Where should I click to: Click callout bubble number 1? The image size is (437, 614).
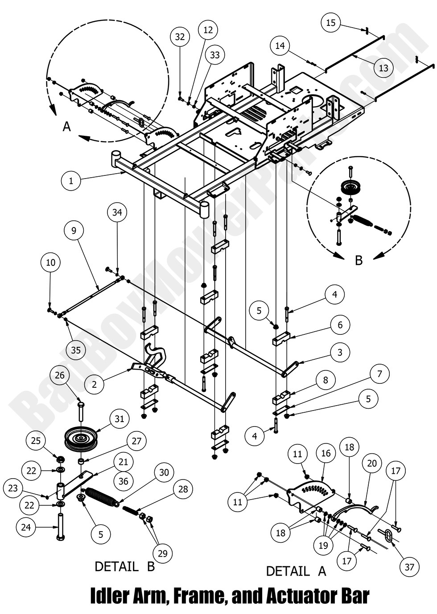(x=70, y=181)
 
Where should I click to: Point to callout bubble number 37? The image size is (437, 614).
(x=409, y=567)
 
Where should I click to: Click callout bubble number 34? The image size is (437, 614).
(x=117, y=213)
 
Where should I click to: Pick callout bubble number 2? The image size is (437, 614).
(x=94, y=385)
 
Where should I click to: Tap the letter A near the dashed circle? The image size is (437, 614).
(x=66, y=127)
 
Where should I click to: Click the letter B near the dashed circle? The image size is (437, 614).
(x=359, y=260)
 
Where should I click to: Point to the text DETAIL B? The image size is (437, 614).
(x=124, y=567)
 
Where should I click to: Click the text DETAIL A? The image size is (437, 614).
(x=296, y=571)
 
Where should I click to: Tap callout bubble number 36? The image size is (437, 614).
(x=124, y=480)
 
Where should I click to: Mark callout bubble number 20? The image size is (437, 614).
(x=371, y=464)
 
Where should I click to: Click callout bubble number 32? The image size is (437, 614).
(x=180, y=37)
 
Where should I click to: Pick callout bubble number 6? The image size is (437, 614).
(x=340, y=325)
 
